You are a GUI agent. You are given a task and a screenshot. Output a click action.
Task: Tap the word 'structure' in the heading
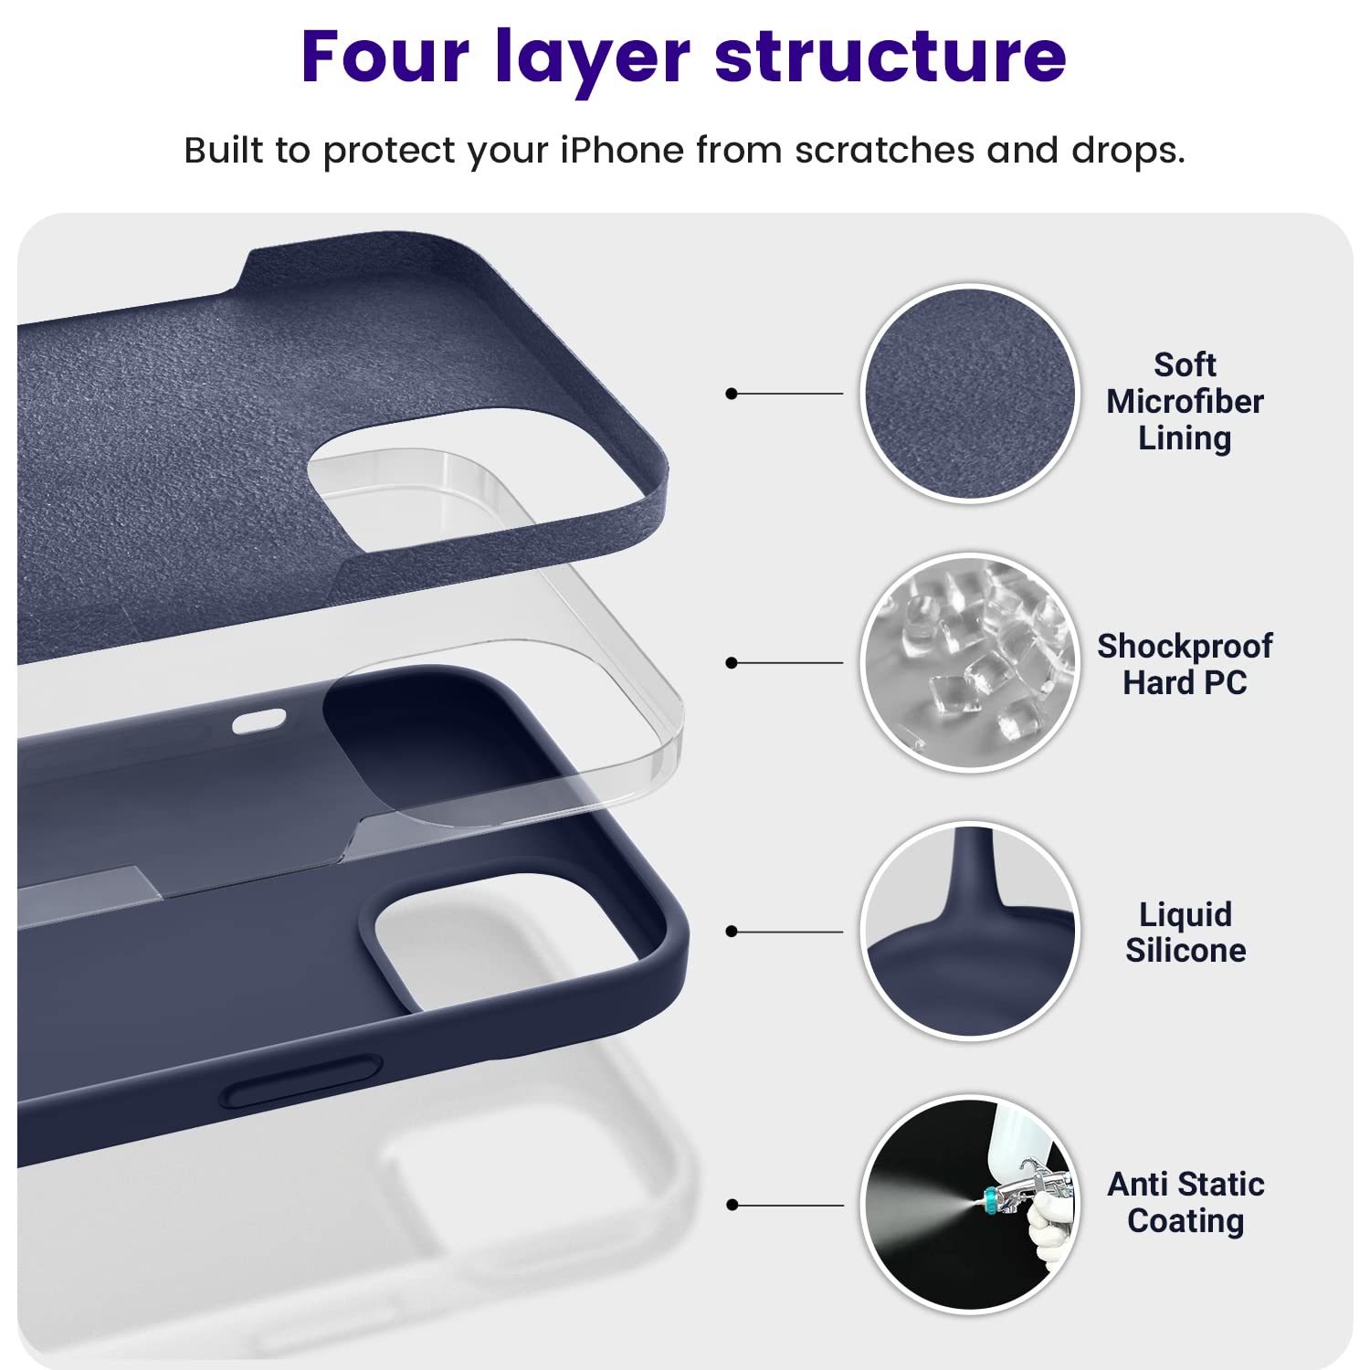pyautogui.click(x=890, y=57)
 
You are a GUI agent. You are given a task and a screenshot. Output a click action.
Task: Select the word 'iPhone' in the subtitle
pyautogui.click(x=621, y=151)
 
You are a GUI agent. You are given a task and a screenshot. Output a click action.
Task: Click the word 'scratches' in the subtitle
pyautogui.click(x=884, y=151)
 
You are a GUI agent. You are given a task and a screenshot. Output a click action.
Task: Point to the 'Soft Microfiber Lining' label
pyautogui.click(x=1185, y=402)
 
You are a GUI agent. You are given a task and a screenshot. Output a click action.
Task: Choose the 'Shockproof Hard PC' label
pyautogui.click(x=1185, y=664)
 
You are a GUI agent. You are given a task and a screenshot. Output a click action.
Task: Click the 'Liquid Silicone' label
pyautogui.click(x=1185, y=933)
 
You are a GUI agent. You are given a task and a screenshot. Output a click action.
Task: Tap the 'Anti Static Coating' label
pyautogui.click(x=1186, y=1202)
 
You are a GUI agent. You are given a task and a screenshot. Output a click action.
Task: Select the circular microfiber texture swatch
pyautogui.click(x=970, y=394)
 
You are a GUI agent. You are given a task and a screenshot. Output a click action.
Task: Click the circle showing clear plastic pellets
pyautogui.click(x=970, y=662)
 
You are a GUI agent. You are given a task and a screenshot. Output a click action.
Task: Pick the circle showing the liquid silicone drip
pyautogui.click(x=970, y=932)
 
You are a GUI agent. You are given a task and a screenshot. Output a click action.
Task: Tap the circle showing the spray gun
pyautogui.click(x=970, y=1204)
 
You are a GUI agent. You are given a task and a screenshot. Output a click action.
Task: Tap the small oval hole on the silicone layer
pyautogui.click(x=258, y=722)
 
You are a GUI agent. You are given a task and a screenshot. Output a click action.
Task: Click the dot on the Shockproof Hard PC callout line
pyautogui.click(x=731, y=662)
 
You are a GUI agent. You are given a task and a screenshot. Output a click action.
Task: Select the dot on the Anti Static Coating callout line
pyautogui.click(x=731, y=1205)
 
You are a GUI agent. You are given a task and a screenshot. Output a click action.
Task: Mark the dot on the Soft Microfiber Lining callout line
pyautogui.click(x=731, y=394)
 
